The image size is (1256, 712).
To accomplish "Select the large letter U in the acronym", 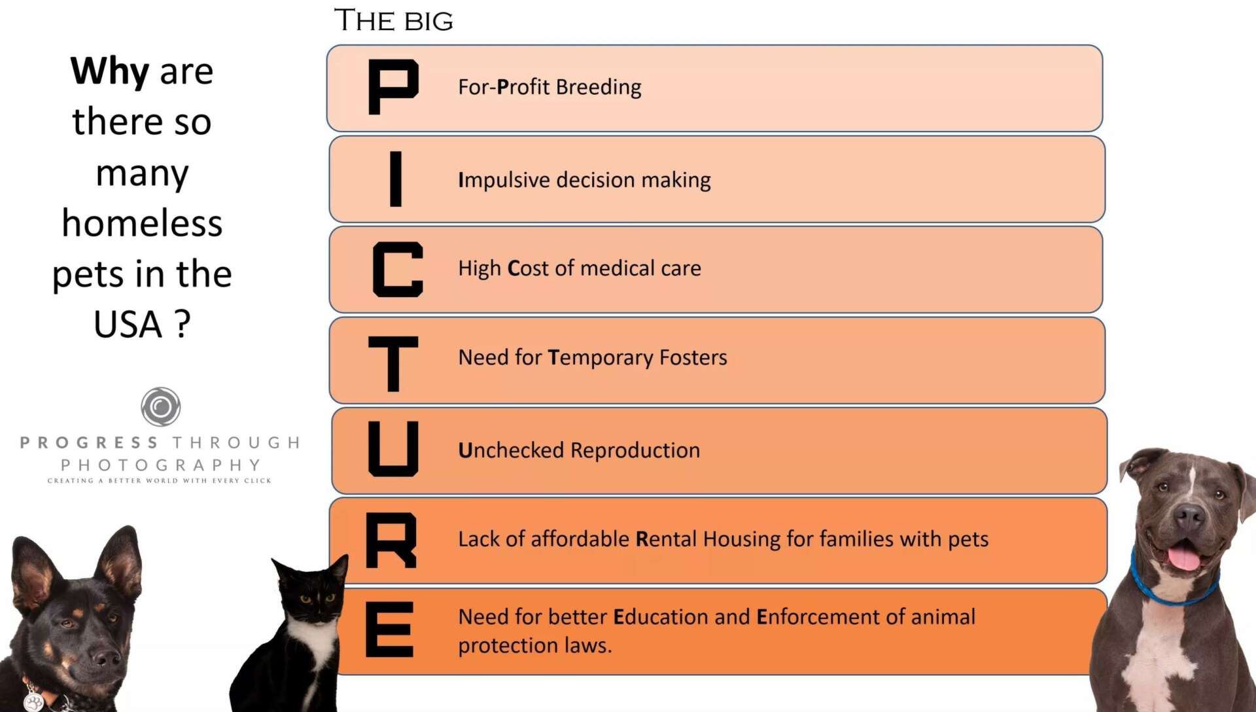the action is (x=393, y=448).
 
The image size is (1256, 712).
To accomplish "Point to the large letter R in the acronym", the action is (x=391, y=540).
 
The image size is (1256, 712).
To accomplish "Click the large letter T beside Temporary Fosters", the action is (x=392, y=363).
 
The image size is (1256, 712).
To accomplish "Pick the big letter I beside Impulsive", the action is (x=396, y=178).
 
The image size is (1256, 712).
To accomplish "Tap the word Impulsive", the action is (x=504, y=181).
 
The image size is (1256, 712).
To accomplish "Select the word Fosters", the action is (x=693, y=357).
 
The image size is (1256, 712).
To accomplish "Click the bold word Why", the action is (x=110, y=72).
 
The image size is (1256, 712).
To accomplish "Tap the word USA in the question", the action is (x=128, y=324).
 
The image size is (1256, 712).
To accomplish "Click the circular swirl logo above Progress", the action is (x=161, y=406).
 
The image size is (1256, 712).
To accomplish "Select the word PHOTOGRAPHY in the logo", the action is (x=161, y=465).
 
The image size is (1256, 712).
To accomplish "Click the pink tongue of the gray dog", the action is (x=1184, y=558).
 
